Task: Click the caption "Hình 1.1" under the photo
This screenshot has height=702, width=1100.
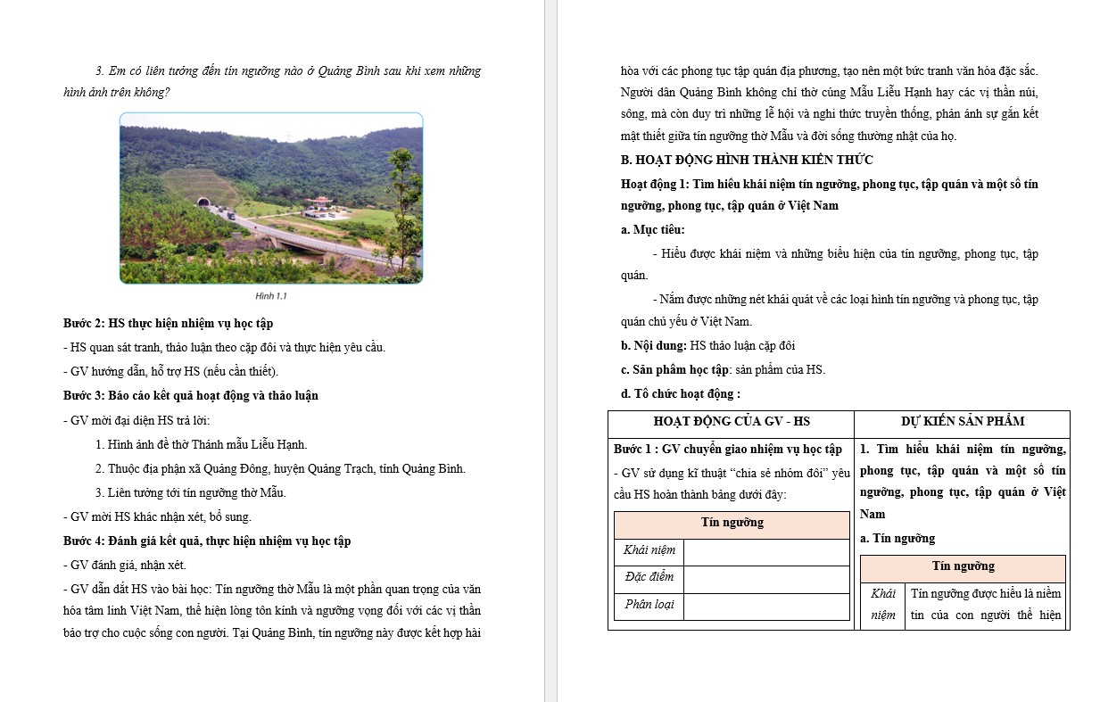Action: (271, 296)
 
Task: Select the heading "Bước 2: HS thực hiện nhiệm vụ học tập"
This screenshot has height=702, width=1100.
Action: (174, 323)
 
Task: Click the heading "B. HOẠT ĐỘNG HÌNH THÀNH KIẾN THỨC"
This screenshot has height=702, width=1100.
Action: (747, 160)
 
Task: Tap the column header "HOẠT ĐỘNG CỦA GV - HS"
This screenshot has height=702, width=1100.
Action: (732, 421)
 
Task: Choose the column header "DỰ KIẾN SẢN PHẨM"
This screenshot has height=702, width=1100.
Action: (962, 421)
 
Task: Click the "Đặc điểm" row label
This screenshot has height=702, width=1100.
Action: (649, 577)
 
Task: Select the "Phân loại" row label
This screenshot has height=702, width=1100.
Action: (649, 604)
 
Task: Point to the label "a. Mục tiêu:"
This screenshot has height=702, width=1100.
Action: (653, 229)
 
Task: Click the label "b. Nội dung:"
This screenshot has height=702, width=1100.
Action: (654, 345)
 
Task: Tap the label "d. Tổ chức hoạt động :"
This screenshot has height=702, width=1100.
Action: (681, 393)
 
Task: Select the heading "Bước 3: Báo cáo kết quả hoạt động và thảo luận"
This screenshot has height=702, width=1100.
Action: (191, 395)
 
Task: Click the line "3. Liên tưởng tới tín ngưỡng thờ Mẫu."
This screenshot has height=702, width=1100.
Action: (190, 492)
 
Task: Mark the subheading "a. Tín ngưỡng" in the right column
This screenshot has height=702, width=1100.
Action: (897, 538)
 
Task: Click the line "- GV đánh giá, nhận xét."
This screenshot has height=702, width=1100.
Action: (125, 565)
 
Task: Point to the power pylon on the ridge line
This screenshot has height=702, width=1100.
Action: (288, 136)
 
